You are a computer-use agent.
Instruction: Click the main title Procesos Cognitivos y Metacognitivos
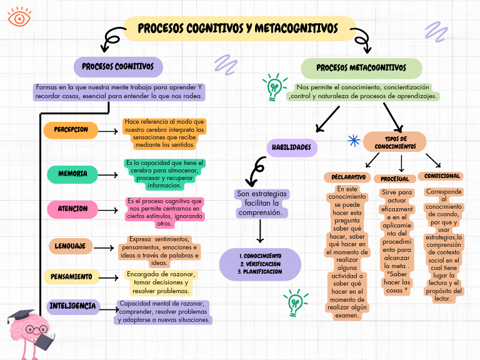(237, 29)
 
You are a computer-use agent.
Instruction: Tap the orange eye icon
(20, 17)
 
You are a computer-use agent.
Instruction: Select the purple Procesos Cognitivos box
(118, 66)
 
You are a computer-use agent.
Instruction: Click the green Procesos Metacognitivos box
(361, 67)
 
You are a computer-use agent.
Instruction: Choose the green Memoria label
(72, 174)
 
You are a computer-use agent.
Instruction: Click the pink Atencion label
(72, 209)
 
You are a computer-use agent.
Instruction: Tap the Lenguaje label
(70, 246)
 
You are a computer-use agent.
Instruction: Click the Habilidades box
(291, 148)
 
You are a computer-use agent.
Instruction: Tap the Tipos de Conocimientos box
(395, 142)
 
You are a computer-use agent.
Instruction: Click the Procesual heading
(395, 179)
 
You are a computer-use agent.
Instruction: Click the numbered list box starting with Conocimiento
(260, 264)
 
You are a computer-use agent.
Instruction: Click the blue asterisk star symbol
(353, 141)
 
